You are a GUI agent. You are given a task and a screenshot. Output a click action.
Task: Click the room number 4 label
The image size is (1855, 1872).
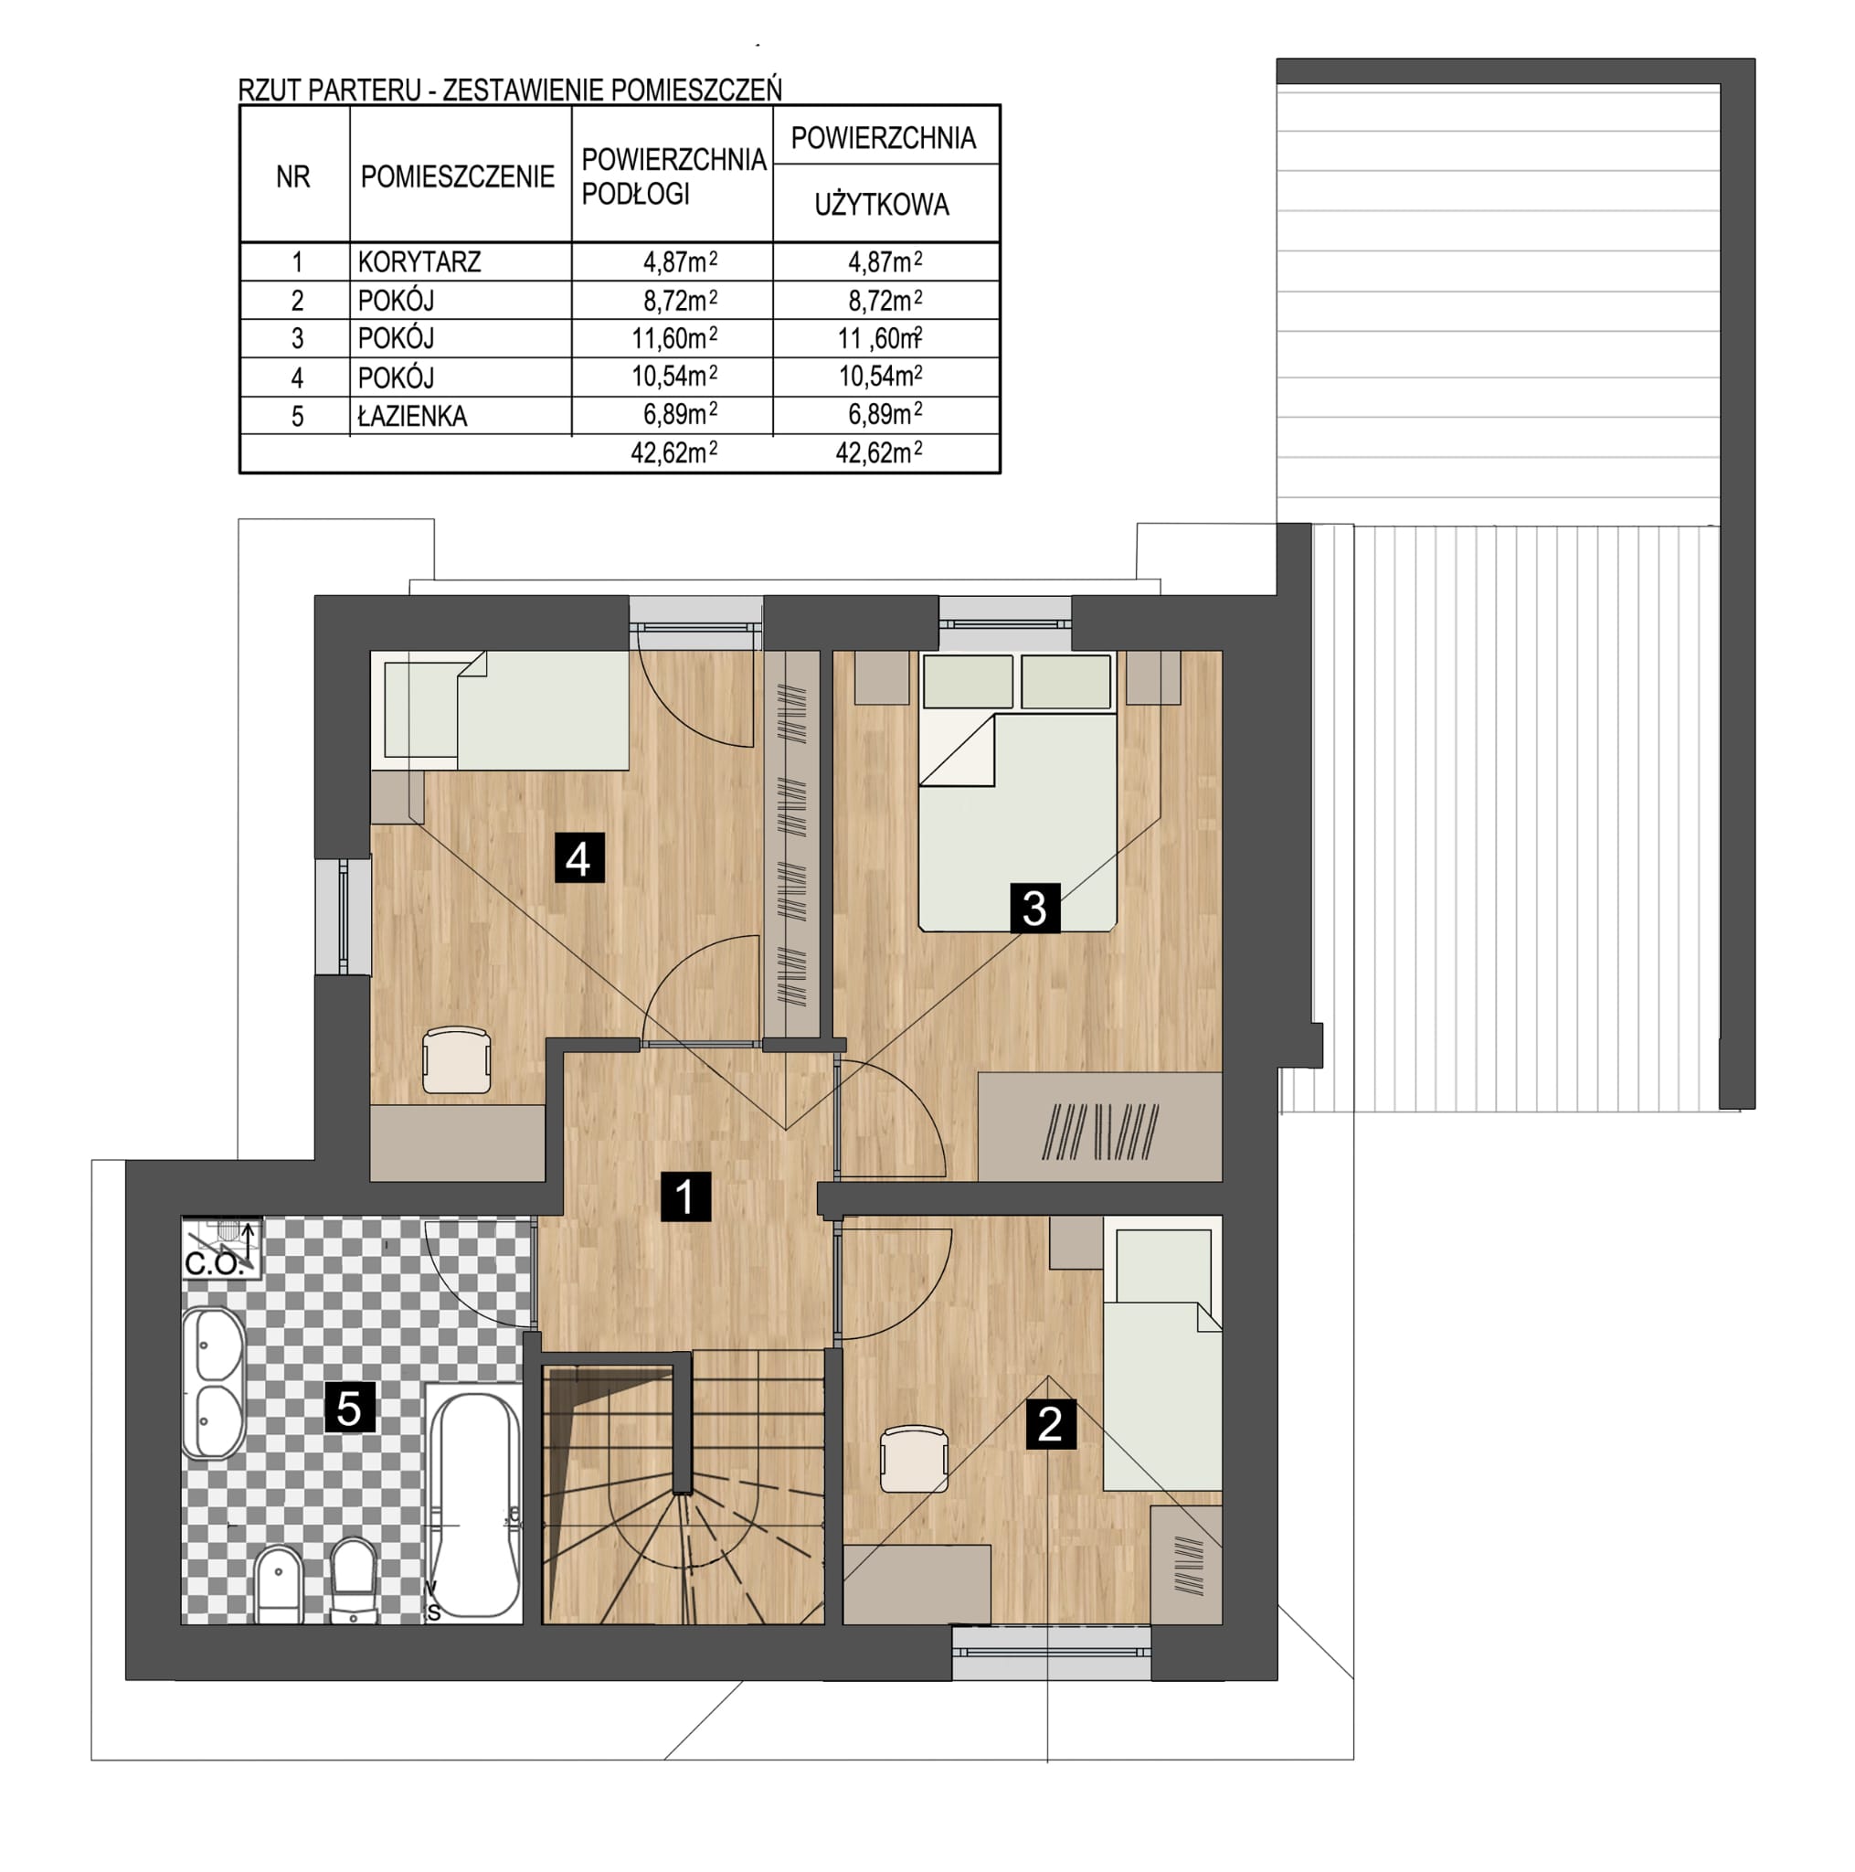(578, 857)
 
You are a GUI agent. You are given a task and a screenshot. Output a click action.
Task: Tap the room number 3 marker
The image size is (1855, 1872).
(1033, 907)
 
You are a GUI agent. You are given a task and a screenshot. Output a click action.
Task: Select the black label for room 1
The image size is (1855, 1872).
(684, 1196)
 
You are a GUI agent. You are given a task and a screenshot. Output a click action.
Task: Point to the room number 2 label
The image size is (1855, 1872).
(1050, 1423)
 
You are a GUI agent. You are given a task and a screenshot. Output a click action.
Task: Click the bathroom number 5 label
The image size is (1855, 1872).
(349, 1407)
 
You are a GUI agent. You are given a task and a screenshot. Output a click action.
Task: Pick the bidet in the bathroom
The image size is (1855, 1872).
(278, 1583)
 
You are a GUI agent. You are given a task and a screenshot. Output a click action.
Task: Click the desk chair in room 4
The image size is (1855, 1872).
(456, 1060)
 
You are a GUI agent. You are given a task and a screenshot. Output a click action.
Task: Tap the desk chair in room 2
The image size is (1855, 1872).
(914, 1459)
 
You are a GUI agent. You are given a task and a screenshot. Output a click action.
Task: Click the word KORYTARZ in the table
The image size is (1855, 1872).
(419, 261)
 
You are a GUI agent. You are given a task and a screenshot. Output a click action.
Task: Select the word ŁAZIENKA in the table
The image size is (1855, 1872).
(412, 416)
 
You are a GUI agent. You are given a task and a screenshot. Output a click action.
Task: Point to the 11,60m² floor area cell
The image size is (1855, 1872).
(675, 338)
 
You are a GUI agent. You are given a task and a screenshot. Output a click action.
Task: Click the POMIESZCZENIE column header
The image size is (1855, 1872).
(457, 176)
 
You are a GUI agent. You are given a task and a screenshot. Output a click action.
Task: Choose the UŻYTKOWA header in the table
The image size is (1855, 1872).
(882, 205)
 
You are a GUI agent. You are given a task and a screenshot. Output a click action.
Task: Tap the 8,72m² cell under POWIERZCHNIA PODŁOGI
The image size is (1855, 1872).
(680, 301)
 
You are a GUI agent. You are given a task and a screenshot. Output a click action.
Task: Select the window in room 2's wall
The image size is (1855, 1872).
(1051, 1651)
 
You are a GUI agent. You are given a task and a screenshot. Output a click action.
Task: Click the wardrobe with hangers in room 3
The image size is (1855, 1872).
(1099, 1127)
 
